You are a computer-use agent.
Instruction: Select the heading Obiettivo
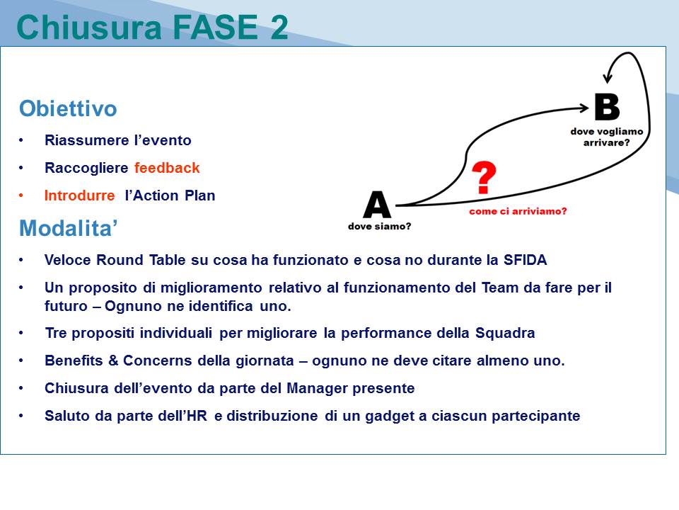tap(68, 108)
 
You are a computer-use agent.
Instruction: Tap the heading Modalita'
tap(69, 228)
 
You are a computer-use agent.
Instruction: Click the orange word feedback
tap(167, 168)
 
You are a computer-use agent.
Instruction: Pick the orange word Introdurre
tap(80, 195)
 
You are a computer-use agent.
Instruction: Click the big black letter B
tap(607, 107)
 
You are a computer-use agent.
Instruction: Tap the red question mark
tap(484, 177)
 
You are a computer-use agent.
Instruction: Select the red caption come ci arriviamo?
tap(518, 211)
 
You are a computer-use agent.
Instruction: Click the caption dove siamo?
tap(379, 227)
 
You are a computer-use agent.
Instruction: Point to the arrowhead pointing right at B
tap(585, 108)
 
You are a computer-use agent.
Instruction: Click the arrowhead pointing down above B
tap(608, 78)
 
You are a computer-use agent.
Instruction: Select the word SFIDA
tap(525, 260)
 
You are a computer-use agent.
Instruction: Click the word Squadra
tap(505, 333)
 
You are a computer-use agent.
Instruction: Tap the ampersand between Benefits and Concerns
tap(113, 361)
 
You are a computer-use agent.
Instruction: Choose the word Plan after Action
tap(200, 195)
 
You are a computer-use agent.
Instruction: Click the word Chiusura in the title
tap(89, 27)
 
